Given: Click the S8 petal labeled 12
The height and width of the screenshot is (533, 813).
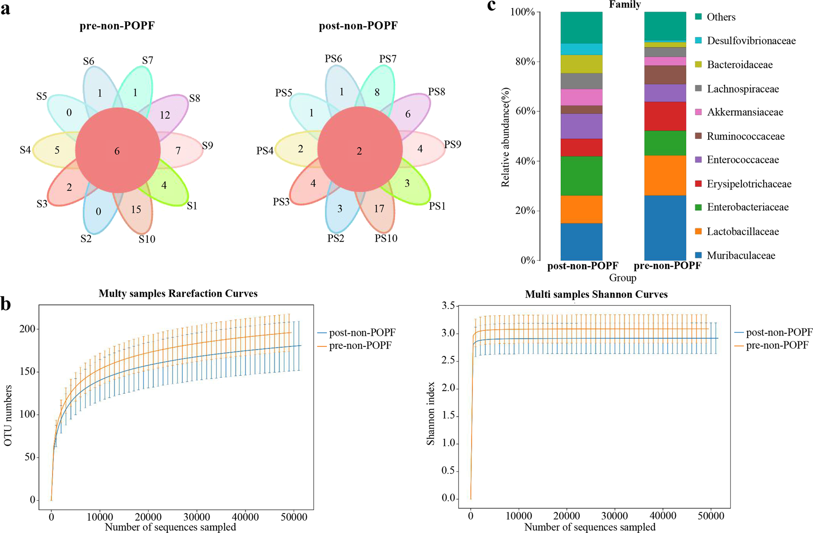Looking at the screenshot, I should coord(165,115).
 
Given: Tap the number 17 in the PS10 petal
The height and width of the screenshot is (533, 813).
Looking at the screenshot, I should coord(379,209).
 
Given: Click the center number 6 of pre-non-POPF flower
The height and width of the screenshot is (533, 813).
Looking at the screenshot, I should coord(117,151).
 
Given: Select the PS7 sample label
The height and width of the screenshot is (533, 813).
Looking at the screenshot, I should coord(388,59).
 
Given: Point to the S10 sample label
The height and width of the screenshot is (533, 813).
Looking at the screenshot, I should coord(147,239).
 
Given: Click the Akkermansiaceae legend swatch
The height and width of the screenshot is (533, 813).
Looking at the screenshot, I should coord(698,112).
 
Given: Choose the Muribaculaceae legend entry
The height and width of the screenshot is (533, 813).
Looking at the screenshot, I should coord(741,255).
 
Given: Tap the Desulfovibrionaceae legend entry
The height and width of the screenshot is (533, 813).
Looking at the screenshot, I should coord(751,41).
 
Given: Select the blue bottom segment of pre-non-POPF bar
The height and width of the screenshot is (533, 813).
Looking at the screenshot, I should coord(665,228).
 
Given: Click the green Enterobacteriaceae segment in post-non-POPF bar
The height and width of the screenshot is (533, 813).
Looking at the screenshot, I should coord(581,176).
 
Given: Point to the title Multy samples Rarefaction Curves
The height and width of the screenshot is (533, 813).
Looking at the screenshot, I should coord(178,293).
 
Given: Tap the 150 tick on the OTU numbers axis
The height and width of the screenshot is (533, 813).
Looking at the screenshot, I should coord(27,372).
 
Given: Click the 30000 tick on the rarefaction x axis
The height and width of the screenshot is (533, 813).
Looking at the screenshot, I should coord(197,517).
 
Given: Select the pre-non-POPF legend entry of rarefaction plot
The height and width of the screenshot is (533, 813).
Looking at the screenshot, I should coord(360,346).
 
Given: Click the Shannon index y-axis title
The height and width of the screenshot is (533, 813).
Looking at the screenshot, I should coord(431,413).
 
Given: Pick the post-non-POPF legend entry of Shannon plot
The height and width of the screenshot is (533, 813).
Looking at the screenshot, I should coord(778,332).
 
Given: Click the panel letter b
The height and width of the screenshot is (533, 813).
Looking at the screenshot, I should coord(5,304).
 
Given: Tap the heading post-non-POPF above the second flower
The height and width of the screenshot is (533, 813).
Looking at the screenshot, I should coord(358,26).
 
